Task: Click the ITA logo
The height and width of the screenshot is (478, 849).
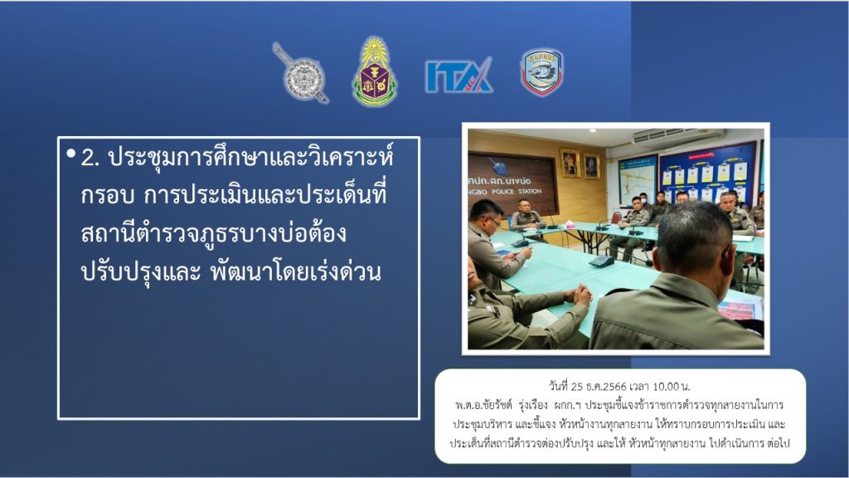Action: pyautogui.click(x=458, y=75)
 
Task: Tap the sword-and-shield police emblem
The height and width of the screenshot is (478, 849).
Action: pyautogui.click(x=300, y=73)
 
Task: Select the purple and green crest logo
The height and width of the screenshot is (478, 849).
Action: pyautogui.click(x=375, y=71)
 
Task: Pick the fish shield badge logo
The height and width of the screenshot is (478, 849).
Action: pyautogui.click(x=542, y=73)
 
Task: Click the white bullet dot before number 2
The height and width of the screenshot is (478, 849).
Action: pyautogui.click(x=71, y=154)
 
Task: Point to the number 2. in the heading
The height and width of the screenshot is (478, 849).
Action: pyautogui.click(x=90, y=159)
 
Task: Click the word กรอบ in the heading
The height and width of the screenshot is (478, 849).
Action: pyautogui.click(x=107, y=196)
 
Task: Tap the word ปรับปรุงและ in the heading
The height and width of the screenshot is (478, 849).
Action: pyautogui.click(x=141, y=272)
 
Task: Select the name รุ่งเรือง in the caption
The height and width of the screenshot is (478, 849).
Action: pyautogui.click(x=533, y=405)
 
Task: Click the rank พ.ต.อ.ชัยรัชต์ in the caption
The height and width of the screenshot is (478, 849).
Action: pyautogui.click(x=483, y=405)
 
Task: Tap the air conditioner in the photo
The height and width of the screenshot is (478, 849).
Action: pyautogui.click(x=678, y=136)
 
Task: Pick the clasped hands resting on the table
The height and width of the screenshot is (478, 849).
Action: pyautogui.click(x=578, y=296)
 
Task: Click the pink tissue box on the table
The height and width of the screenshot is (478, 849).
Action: pyautogui.click(x=569, y=223)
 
